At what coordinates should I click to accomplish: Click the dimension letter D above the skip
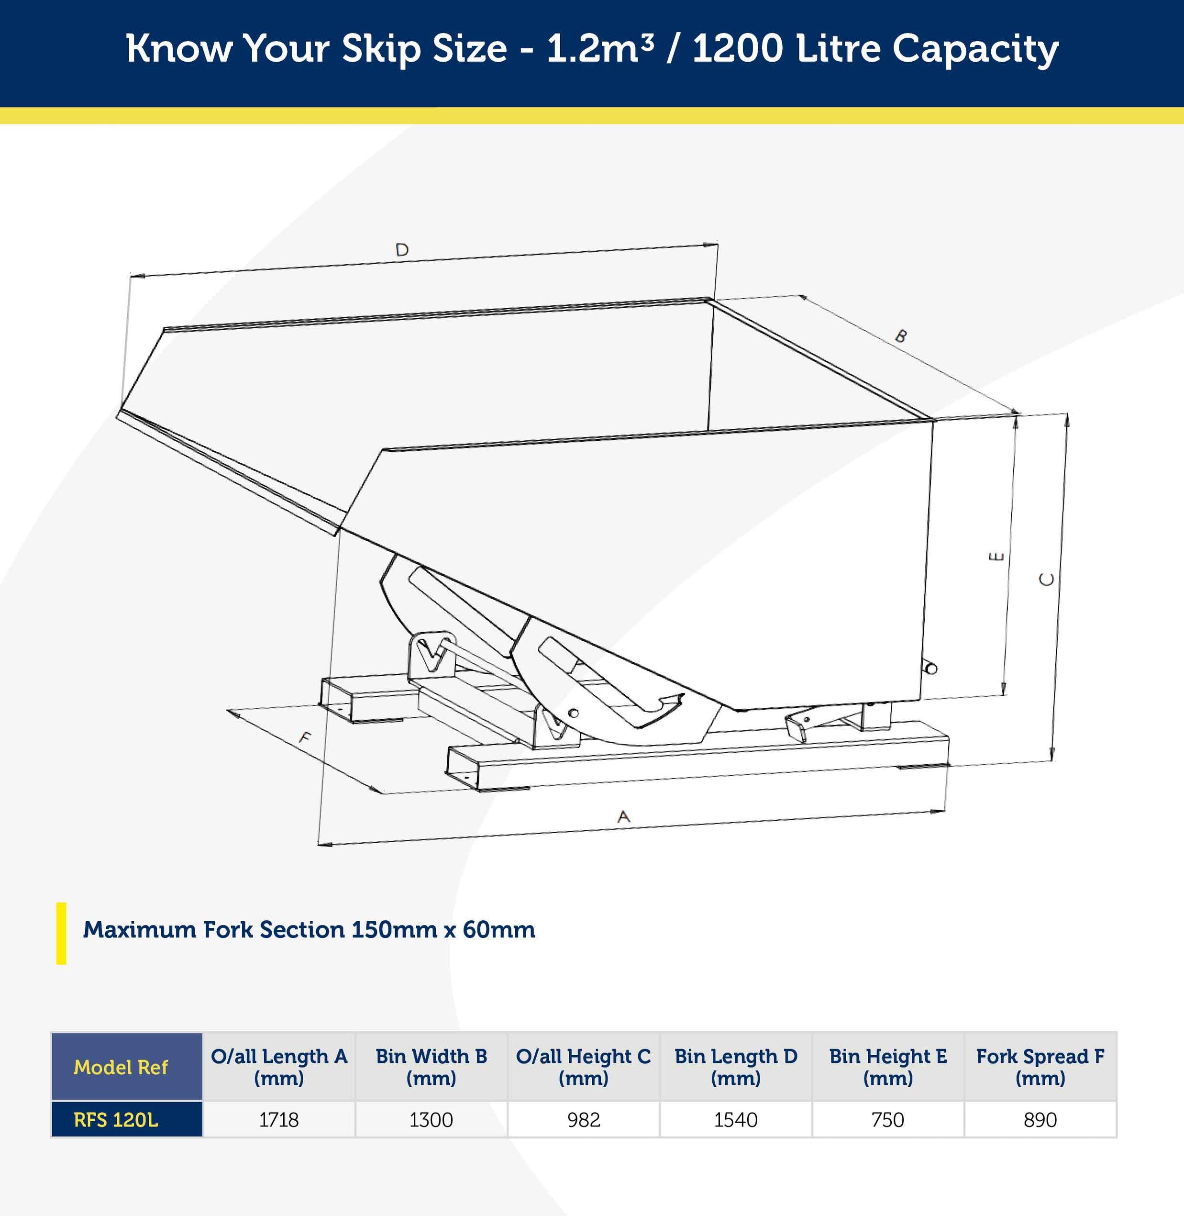(402, 250)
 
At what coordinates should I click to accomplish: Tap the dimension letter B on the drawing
(900, 336)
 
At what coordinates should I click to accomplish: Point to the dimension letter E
(996, 557)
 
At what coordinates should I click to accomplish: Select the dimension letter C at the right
(1047, 579)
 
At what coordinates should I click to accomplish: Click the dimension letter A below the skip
(624, 817)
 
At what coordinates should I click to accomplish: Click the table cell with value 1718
(278, 1120)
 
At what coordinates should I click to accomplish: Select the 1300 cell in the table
(431, 1120)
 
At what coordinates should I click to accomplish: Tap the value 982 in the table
(583, 1120)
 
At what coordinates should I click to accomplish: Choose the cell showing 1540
(736, 1120)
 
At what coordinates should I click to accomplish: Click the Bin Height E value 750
(887, 1120)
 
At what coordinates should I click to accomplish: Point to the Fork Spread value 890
(1040, 1120)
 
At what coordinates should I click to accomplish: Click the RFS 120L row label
(116, 1120)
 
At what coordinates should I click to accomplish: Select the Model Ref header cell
(121, 1067)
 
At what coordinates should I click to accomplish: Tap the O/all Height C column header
(583, 1067)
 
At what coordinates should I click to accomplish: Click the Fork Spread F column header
(1040, 1067)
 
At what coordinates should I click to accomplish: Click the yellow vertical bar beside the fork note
(61, 933)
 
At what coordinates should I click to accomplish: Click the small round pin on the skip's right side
(931, 669)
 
